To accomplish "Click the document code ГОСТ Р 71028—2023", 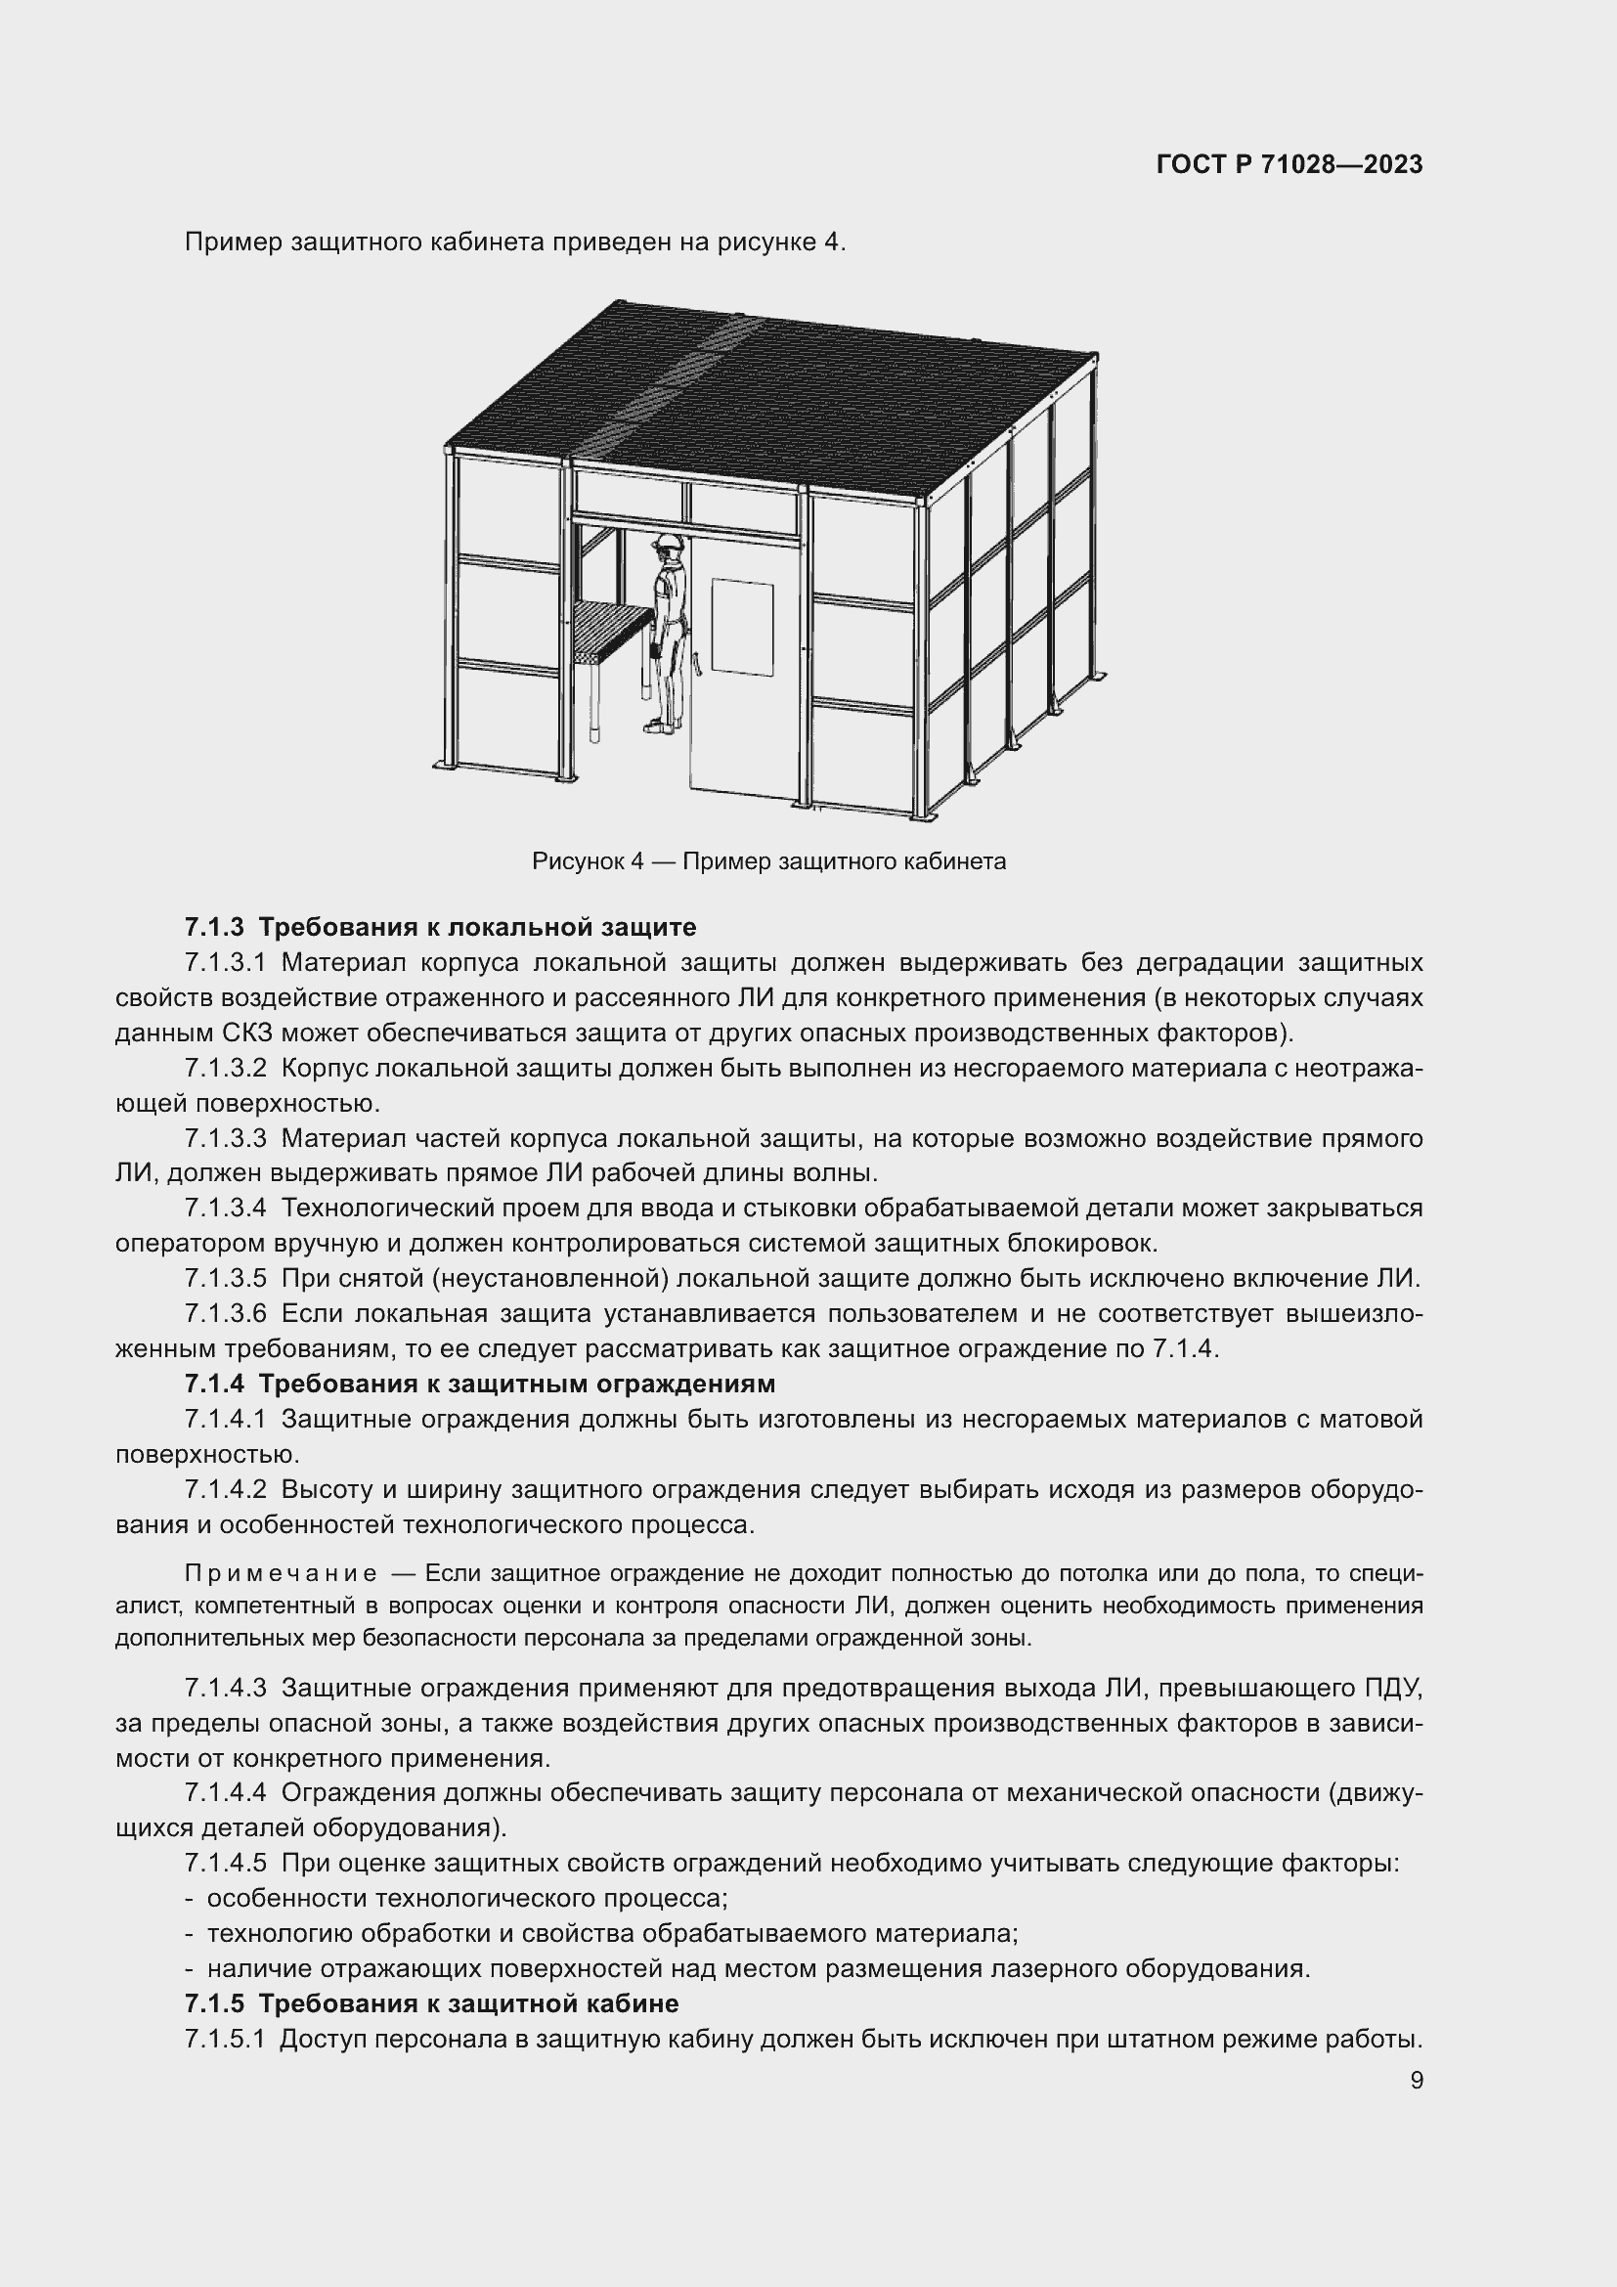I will pyautogui.click(x=1289, y=164).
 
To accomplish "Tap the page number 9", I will pyautogui.click(x=1416, y=2080).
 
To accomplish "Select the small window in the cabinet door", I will pyautogui.click(x=742, y=629).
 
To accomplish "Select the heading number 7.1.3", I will pyautogui.click(x=213, y=927).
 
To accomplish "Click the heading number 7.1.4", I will pyautogui.click(x=213, y=1384).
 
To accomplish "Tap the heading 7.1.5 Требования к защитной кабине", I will pyautogui.click(x=431, y=2003).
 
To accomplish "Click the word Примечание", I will pyautogui.click(x=280, y=1574).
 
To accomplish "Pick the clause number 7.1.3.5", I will pyautogui.click(x=225, y=1278).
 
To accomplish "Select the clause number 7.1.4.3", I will pyautogui.click(x=225, y=1689).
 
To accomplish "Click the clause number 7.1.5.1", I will pyautogui.click(x=224, y=2039).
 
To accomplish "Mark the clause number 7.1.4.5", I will pyautogui.click(x=225, y=1863).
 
